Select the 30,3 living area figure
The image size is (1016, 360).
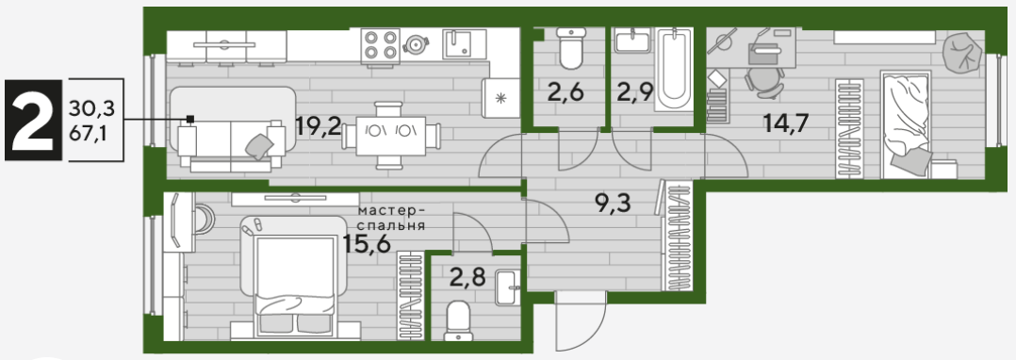point(90,108)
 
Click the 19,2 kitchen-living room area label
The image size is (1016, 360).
point(319,125)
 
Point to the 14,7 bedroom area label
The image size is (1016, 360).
point(785,123)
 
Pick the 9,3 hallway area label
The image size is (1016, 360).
point(613,204)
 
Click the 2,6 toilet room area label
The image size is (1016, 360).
point(566,91)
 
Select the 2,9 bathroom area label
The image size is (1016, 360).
point(634,91)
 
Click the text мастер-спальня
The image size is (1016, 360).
point(391,219)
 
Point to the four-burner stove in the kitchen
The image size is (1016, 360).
point(380,45)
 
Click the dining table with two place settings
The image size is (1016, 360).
point(391,136)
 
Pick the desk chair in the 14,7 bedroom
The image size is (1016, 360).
point(762,82)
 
